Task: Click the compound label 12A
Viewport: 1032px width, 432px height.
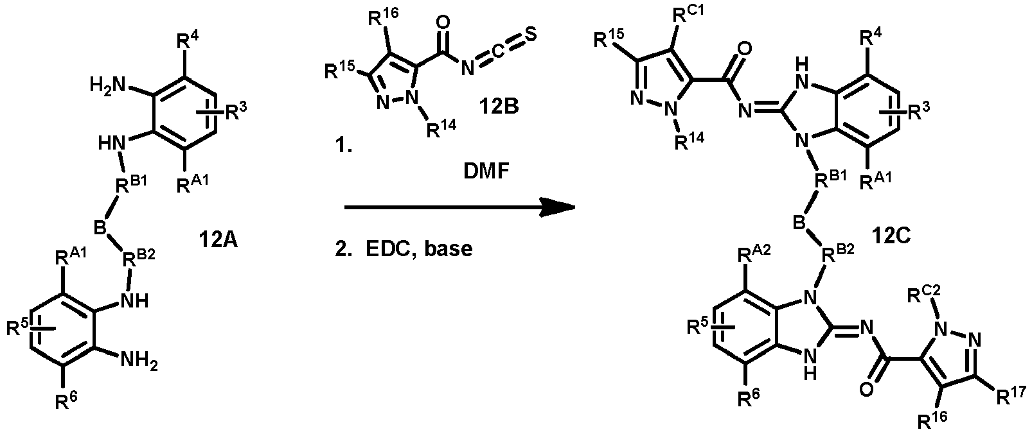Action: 218,239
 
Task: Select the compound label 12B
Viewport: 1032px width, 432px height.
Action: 499,107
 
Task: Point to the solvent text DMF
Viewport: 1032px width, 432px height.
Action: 486,171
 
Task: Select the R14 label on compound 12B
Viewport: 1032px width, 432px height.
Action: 441,128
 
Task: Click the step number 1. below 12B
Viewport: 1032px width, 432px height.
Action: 344,146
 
